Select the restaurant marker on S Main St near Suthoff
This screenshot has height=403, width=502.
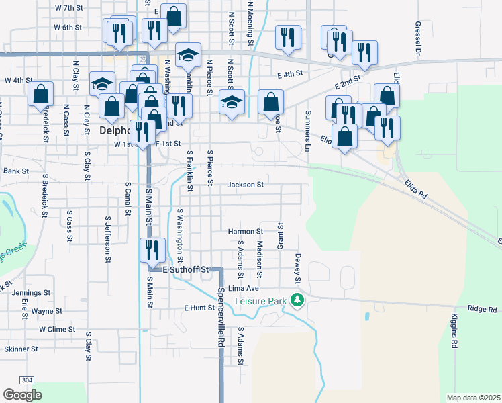152,251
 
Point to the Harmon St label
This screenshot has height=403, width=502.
245,232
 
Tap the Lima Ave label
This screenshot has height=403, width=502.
244,288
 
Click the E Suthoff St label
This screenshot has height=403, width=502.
186,269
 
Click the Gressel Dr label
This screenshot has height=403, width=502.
417,38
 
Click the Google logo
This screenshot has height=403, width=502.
22,395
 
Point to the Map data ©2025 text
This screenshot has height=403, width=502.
472,398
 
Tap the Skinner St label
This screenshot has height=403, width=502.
21,349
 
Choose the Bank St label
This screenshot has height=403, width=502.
16,171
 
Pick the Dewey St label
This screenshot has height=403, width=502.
296,268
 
